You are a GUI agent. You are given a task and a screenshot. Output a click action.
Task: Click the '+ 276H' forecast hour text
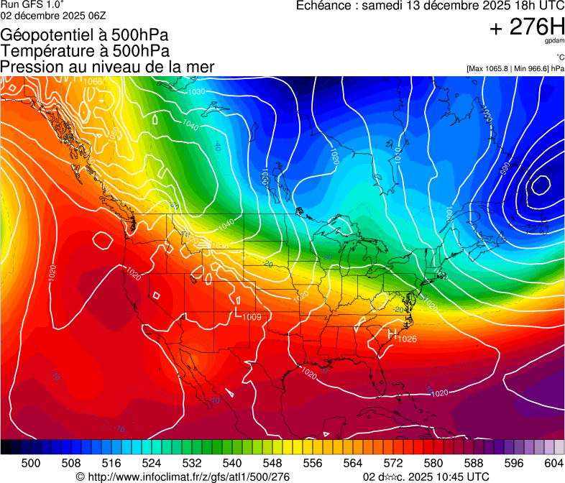[527, 28]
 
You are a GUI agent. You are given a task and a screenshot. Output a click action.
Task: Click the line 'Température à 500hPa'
[85, 51]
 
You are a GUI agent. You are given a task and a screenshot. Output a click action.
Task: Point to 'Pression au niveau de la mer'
[107, 67]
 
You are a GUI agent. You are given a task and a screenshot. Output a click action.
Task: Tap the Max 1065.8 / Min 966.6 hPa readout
[515, 68]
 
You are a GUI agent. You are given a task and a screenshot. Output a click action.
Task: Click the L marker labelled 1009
[239, 312]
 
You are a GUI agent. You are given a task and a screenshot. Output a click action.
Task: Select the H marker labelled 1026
[392, 334]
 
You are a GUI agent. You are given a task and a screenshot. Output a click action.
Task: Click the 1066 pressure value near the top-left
[92, 81]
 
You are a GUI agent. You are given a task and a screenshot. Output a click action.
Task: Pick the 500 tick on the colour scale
[31, 464]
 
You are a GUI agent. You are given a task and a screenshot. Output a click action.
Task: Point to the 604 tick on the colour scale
[554, 464]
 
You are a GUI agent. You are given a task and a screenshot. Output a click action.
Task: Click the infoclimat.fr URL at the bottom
[183, 477]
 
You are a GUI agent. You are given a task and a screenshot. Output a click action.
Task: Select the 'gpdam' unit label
[555, 42]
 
